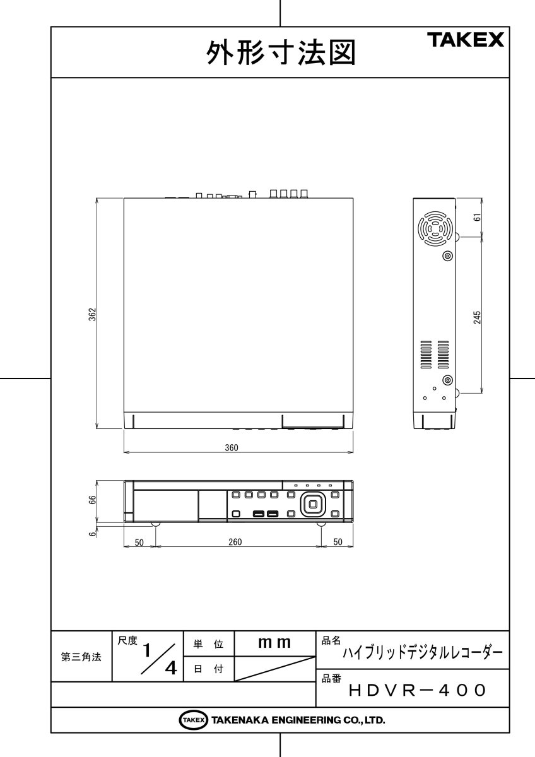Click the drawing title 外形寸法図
pos(281,53)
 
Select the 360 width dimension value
pos(232,447)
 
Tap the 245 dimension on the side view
pos(477,316)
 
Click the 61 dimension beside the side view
pos(477,217)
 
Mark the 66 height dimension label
pos(92,500)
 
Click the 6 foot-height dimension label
pos(92,534)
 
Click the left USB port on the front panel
pos(258,513)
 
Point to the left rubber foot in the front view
pos(155,524)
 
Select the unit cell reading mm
pos(274,643)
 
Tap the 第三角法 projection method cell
pos(81,657)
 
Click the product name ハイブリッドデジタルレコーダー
pos(422,653)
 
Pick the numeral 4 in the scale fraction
pos(170,668)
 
